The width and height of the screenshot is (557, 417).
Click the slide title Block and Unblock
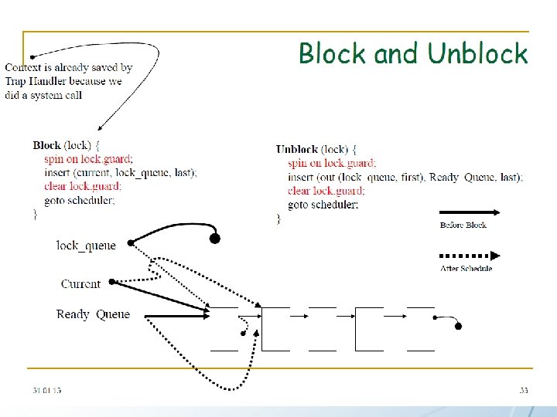pyautogui.click(x=413, y=54)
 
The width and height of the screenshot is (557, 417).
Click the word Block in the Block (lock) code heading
pyautogui.click(x=46, y=144)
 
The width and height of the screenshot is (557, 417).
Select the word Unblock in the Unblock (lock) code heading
pyautogui.click(x=297, y=149)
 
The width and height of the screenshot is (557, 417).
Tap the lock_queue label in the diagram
pyautogui.click(x=86, y=246)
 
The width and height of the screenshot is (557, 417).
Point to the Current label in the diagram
pyautogui.click(x=80, y=283)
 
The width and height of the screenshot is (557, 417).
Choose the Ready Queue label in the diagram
pyautogui.click(x=93, y=314)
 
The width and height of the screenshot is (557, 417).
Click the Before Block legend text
pyautogui.click(x=463, y=225)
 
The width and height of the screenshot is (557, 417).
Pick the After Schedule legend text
pyautogui.click(x=466, y=268)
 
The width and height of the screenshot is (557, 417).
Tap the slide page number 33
pyautogui.click(x=524, y=391)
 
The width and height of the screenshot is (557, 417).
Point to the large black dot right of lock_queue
pyautogui.click(x=215, y=239)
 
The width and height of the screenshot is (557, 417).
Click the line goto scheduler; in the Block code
pyautogui.click(x=80, y=200)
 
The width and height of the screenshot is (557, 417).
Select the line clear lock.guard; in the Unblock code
pyautogui.click(x=326, y=191)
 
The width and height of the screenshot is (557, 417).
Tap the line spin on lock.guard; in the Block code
pyautogui.click(x=88, y=159)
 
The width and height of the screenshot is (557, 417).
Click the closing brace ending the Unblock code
pyautogui.click(x=278, y=219)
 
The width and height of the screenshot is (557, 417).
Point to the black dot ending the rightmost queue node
pyautogui.click(x=458, y=327)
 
